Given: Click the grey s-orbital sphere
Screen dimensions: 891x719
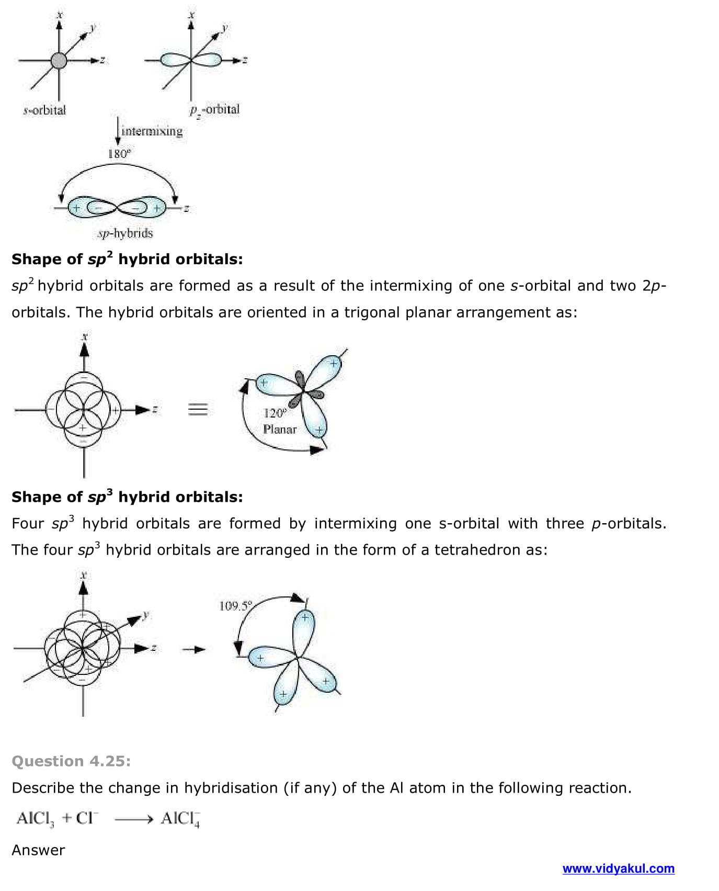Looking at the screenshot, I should point(59,61).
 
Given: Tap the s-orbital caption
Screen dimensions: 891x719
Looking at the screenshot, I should point(45,110).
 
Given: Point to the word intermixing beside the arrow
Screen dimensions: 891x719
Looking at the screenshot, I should point(152,131).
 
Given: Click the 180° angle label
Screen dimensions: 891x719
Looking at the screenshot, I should point(119,153).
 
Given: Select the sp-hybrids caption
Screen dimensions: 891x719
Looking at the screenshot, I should point(125,233).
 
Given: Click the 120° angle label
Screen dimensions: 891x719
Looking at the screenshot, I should point(275,413).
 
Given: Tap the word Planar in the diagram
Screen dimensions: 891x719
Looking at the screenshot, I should point(280,430).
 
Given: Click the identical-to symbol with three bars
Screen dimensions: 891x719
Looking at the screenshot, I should point(198,409).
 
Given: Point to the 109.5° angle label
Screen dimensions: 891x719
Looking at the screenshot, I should point(236,606).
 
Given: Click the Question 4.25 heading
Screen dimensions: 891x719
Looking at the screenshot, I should point(71,761).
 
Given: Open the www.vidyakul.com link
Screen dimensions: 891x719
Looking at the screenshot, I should point(618,869).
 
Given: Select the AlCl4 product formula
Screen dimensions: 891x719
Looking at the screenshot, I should point(180,818).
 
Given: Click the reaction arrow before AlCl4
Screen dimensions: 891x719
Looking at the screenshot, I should point(133,819).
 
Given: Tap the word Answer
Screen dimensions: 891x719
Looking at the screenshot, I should point(38,850).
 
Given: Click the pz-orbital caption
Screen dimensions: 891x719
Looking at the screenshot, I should point(214,110).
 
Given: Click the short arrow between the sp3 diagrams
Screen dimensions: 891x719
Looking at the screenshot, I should point(194,650).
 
